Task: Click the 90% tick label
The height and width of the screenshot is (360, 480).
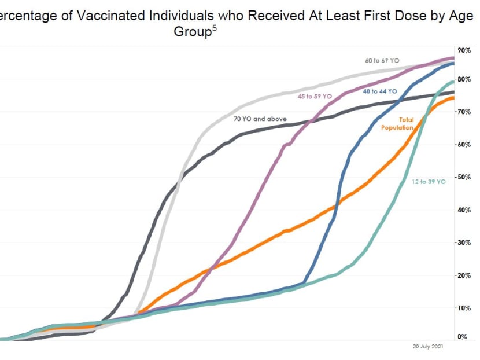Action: click(x=464, y=50)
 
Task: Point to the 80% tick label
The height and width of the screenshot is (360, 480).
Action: click(x=464, y=79)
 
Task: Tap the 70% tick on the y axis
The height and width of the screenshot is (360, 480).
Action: click(x=464, y=111)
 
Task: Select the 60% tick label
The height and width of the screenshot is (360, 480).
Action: click(x=464, y=144)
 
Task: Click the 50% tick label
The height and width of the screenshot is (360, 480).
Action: click(x=464, y=177)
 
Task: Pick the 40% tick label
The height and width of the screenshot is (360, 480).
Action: click(x=464, y=210)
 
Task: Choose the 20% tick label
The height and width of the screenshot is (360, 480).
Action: click(x=464, y=275)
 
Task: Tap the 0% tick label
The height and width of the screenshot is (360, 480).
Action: click(x=463, y=336)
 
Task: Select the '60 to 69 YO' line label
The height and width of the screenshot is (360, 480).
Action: click(x=382, y=60)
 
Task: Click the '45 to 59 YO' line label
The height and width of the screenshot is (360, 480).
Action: click(x=315, y=97)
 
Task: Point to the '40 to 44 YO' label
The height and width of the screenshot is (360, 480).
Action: click(x=380, y=91)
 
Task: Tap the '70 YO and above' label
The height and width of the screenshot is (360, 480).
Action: click(x=260, y=119)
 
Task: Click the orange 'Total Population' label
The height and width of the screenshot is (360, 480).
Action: click(x=398, y=124)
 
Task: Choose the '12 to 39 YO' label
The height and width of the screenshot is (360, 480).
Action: click(x=429, y=182)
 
